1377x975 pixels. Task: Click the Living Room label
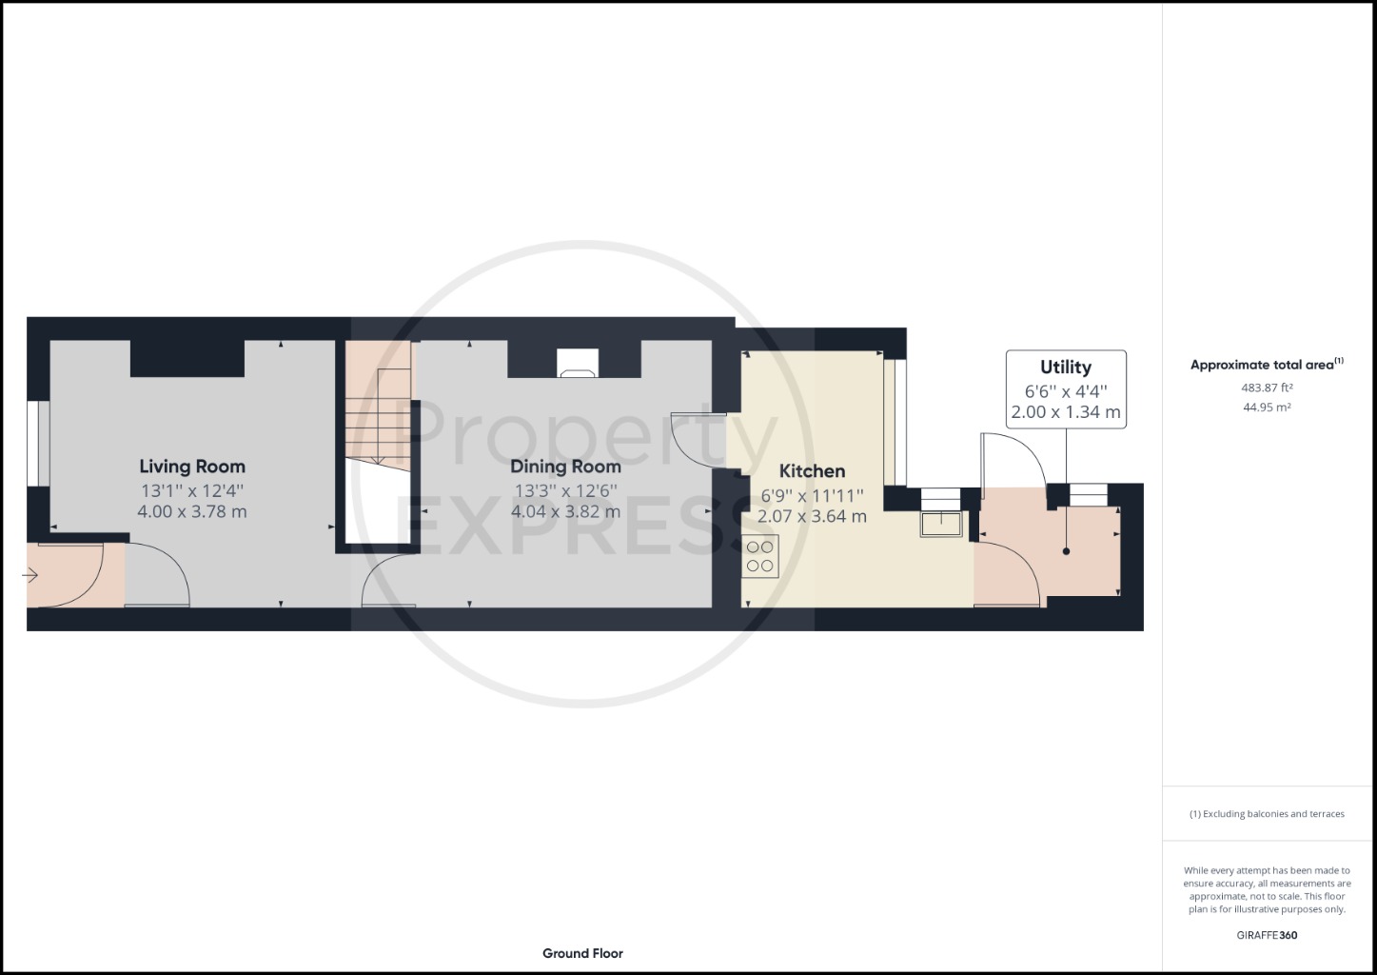pyautogui.click(x=192, y=467)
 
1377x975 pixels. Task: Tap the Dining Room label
pyautogui.click(x=565, y=467)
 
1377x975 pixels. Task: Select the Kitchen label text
pyautogui.click(x=812, y=471)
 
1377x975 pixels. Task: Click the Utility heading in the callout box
pyautogui.click(x=1066, y=368)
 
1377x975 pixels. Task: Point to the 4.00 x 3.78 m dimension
pyautogui.click(x=192, y=512)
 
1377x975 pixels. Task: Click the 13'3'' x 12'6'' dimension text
pyautogui.click(x=565, y=491)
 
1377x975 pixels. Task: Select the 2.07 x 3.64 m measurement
pyautogui.click(x=812, y=516)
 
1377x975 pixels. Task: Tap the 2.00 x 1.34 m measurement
pyautogui.click(x=1066, y=412)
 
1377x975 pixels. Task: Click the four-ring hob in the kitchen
pyautogui.click(x=760, y=556)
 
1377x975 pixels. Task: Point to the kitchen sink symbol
pyautogui.click(x=941, y=524)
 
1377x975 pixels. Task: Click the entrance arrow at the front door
pyautogui.click(x=30, y=576)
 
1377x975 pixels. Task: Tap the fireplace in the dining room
pyautogui.click(x=578, y=363)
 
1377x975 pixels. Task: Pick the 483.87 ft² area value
pyautogui.click(x=1267, y=388)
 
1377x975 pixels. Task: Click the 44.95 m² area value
pyautogui.click(x=1267, y=408)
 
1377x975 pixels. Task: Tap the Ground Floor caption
pyautogui.click(x=582, y=953)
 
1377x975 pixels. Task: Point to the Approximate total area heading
pyautogui.click(x=1267, y=364)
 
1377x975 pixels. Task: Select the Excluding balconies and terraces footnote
pyautogui.click(x=1267, y=814)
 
